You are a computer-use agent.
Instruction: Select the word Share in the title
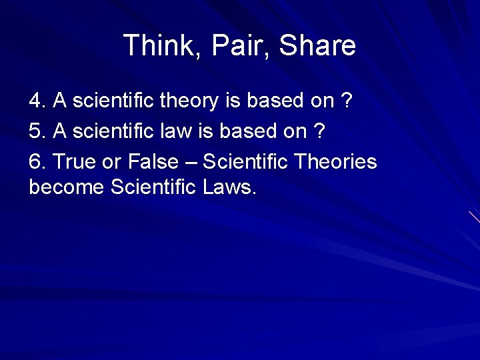[x=317, y=46]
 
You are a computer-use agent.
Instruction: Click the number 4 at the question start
[x=35, y=101]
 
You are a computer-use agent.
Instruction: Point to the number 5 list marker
[x=35, y=131]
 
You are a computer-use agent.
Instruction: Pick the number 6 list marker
[x=35, y=162]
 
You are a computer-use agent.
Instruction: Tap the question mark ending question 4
[x=346, y=101]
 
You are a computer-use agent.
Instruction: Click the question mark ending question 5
[x=319, y=131]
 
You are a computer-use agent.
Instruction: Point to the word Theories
[x=335, y=162]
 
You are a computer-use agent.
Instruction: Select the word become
[x=67, y=187]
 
